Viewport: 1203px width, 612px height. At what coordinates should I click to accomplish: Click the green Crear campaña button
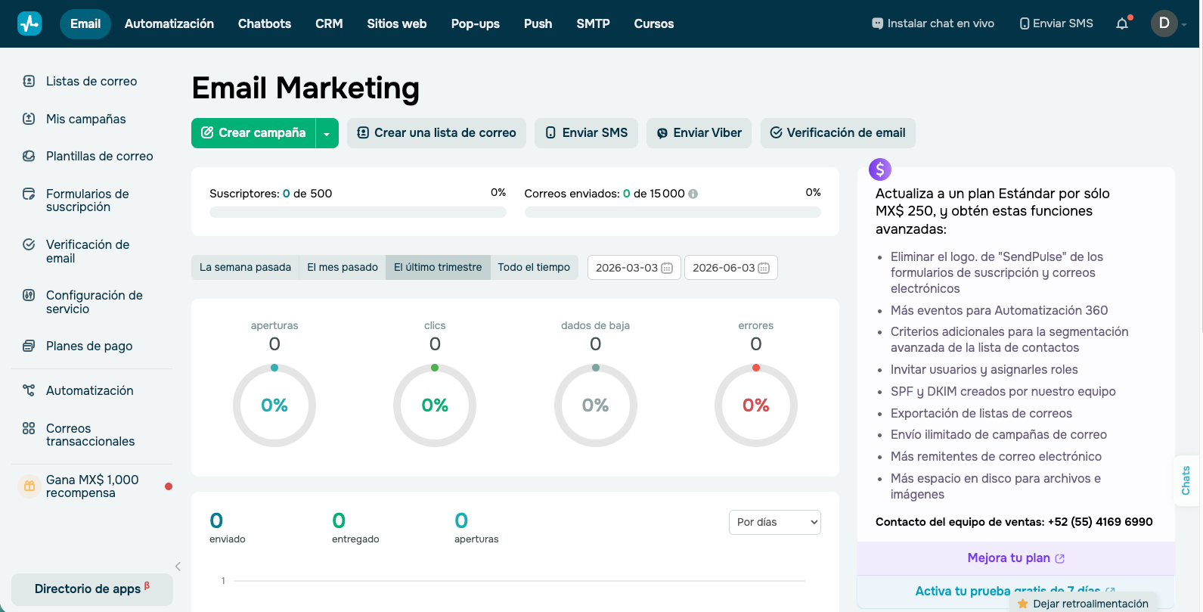pos(253,132)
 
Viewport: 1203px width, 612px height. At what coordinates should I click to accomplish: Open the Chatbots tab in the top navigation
pos(264,23)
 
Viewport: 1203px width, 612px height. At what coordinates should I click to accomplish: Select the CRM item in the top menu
pos(329,23)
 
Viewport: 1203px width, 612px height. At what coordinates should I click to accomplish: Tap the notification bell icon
pos(1122,23)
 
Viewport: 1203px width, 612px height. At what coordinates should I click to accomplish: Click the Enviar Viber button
pos(699,132)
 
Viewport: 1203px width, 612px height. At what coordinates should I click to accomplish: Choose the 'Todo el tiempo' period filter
pos(534,267)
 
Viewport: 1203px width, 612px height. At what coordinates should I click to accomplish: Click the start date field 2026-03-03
pos(634,268)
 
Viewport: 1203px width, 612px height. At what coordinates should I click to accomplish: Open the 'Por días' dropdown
pos(774,522)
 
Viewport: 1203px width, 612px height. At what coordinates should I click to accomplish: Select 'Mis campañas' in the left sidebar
pos(86,119)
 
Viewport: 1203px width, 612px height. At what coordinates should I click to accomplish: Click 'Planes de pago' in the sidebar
pos(89,346)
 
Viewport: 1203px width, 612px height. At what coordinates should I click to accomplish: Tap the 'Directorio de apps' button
pos(91,589)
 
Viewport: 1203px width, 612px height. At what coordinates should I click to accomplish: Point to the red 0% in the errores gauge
pos(755,405)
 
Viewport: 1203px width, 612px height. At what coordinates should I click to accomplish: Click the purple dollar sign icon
pos(879,169)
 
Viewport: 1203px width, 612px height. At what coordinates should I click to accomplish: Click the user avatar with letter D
pos(1164,23)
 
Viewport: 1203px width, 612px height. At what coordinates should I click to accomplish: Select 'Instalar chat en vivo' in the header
pos(933,23)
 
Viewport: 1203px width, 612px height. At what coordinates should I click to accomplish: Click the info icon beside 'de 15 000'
pos(693,194)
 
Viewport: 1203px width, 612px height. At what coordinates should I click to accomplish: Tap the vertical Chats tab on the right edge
pos(1186,480)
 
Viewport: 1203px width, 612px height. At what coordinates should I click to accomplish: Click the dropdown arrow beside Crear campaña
pos(327,133)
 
